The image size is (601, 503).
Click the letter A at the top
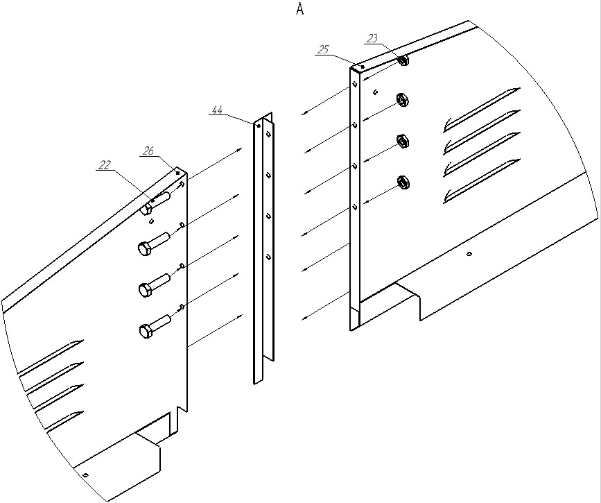pyautogui.click(x=299, y=9)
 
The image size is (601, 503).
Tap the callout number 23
pyautogui.click(x=372, y=38)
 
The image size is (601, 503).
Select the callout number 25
pyautogui.click(x=324, y=49)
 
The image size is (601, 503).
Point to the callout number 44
pyautogui.click(x=217, y=110)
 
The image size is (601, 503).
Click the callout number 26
pyautogui.click(x=148, y=151)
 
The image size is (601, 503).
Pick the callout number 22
pyautogui.click(x=104, y=165)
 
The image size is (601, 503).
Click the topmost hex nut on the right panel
pyautogui.click(x=403, y=60)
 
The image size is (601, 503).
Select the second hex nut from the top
pyautogui.click(x=402, y=101)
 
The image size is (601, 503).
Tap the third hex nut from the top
pyautogui.click(x=402, y=141)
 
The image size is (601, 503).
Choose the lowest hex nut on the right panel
pyautogui.click(x=402, y=182)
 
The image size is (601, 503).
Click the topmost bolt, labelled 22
pyautogui.click(x=155, y=202)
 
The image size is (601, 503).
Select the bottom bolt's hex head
pyautogui.click(x=145, y=332)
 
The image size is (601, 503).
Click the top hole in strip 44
pyautogui.click(x=268, y=133)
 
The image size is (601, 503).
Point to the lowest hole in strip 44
pyautogui.click(x=269, y=257)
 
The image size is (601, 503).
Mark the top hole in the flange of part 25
pyautogui.click(x=356, y=84)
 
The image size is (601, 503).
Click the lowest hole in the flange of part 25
pyautogui.click(x=356, y=207)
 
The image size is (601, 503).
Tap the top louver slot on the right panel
pyautogui.click(x=481, y=110)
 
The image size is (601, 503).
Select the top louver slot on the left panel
pyautogui.click(x=51, y=359)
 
